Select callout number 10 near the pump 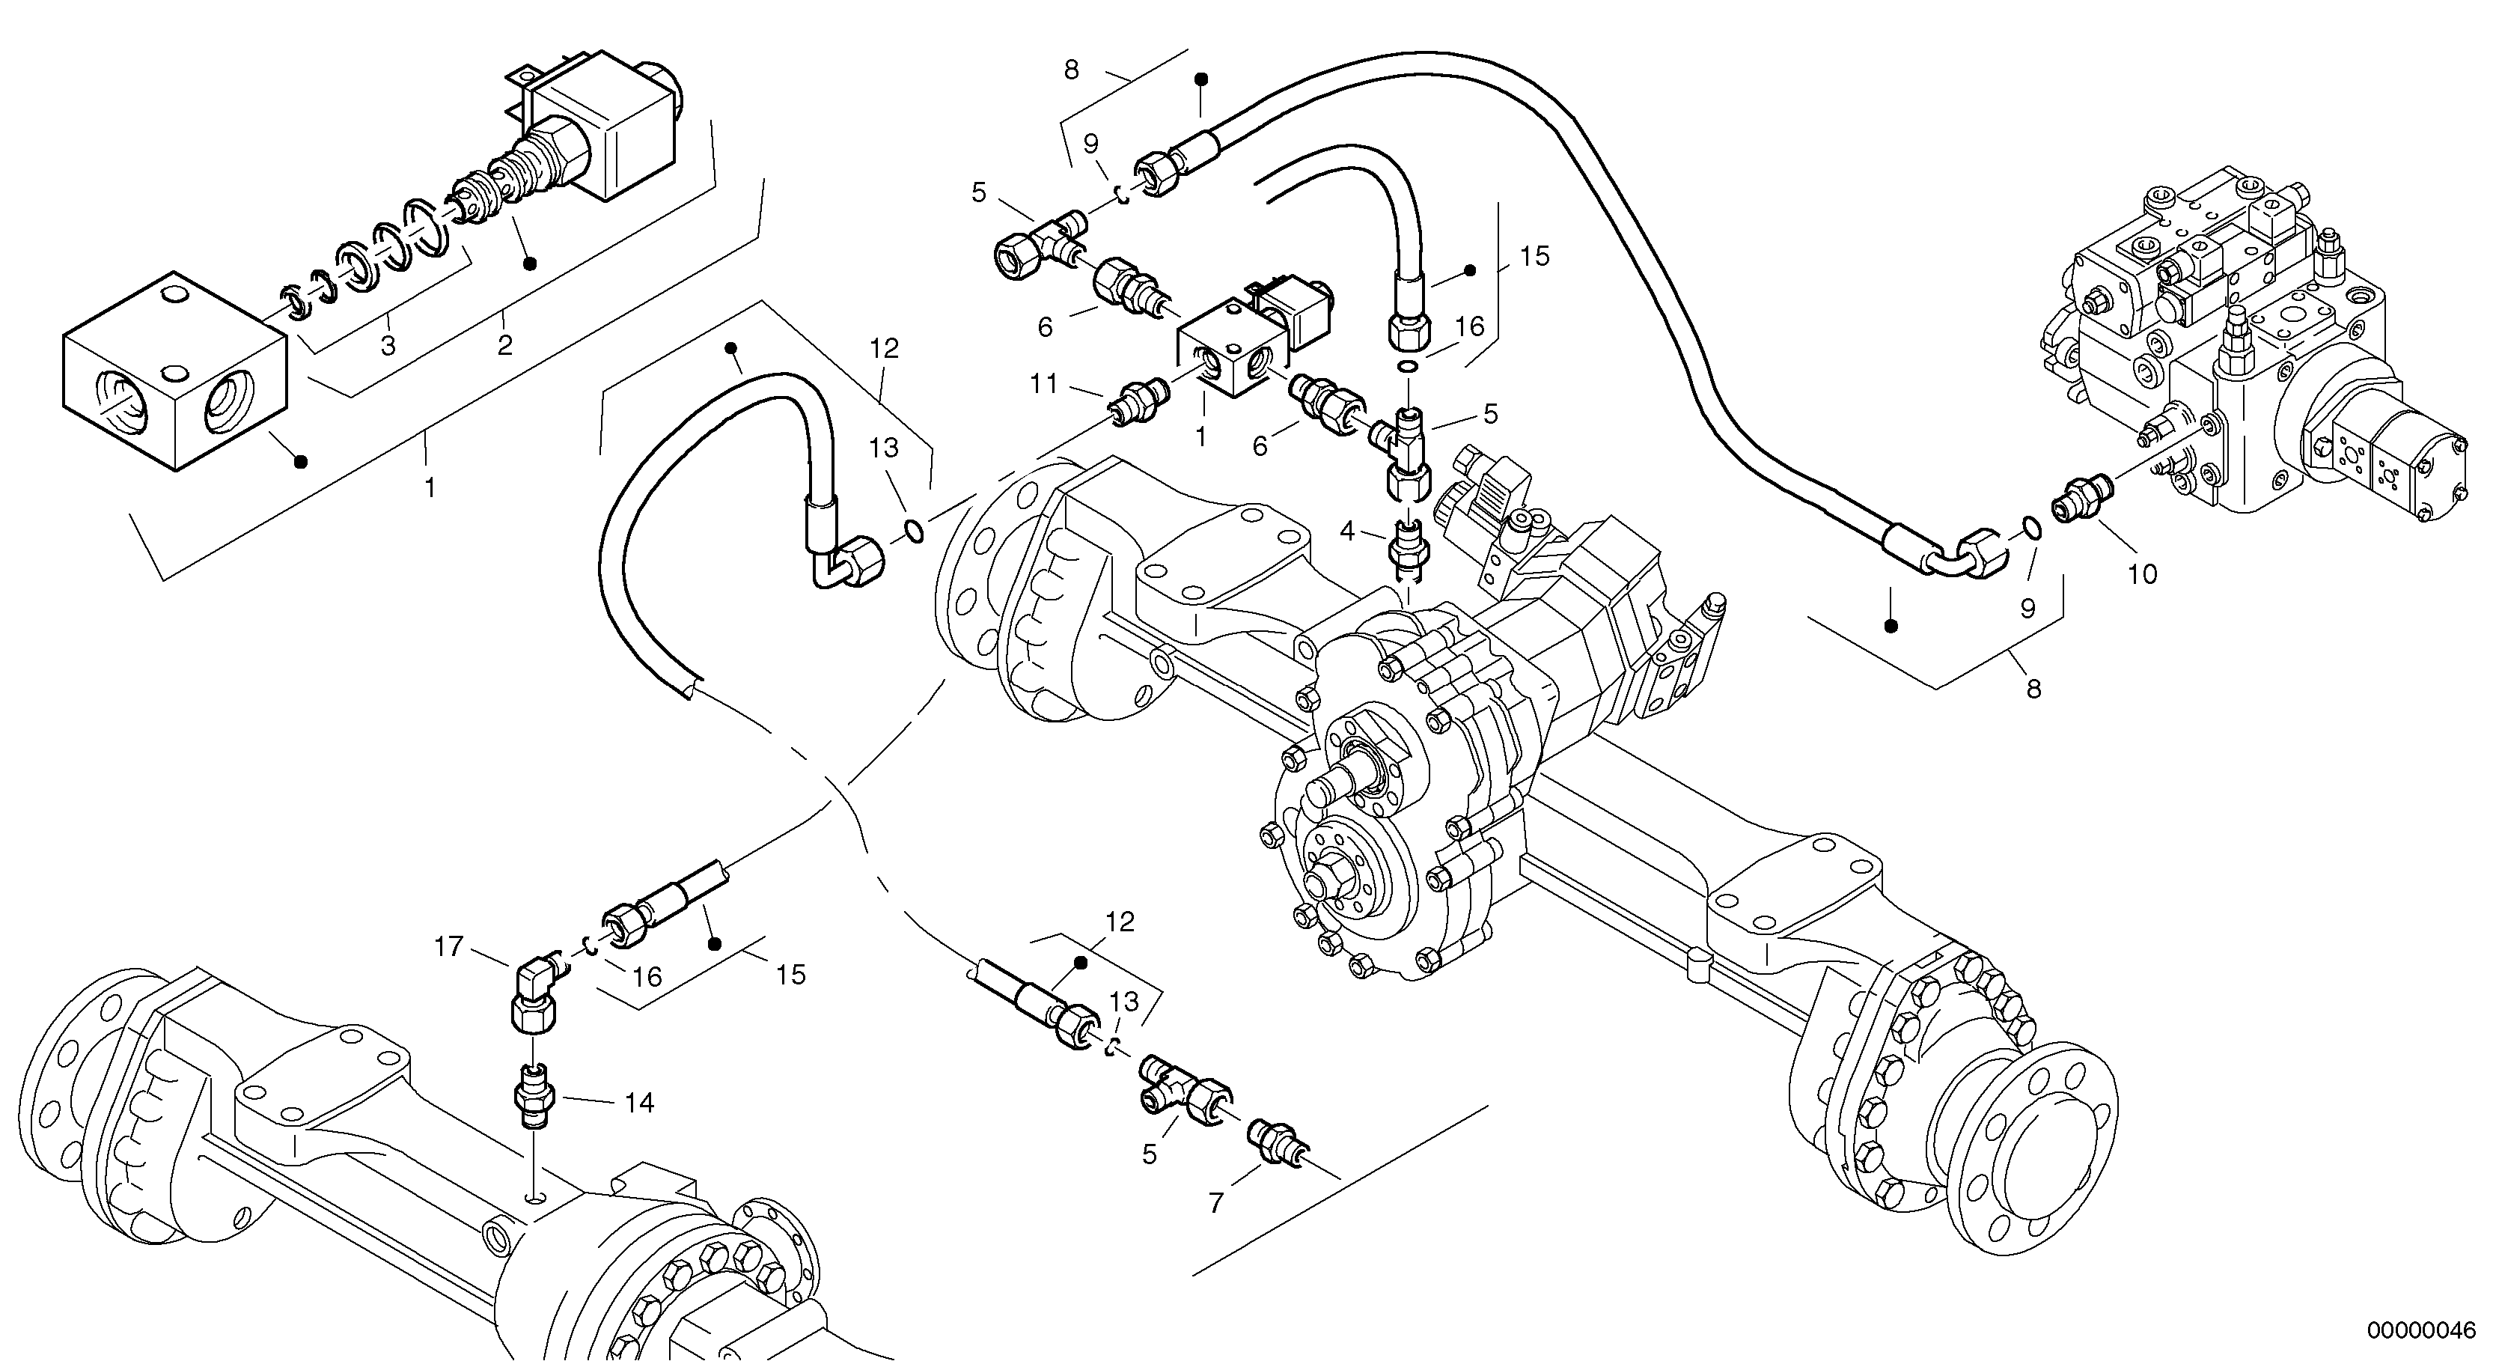tap(2141, 574)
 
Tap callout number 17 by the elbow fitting tap(448, 946)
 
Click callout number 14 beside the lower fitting tap(638, 1103)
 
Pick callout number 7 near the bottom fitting tap(1216, 1202)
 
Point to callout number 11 tap(1043, 385)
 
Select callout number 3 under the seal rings tap(388, 346)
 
